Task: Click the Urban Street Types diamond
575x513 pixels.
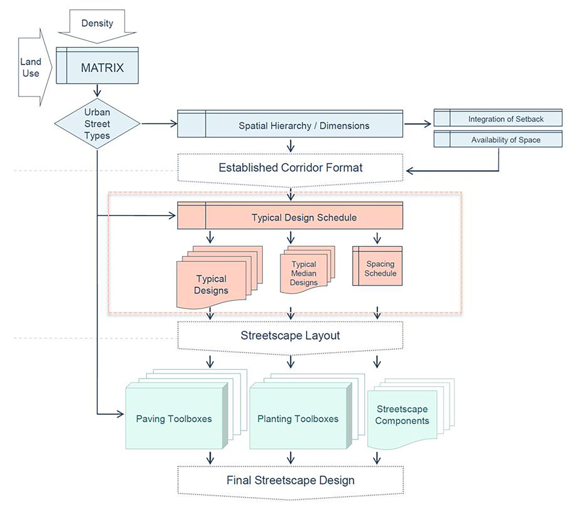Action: tap(97, 124)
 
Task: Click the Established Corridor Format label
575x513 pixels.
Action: tap(290, 168)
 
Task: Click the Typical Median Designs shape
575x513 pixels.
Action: tap(304, 273)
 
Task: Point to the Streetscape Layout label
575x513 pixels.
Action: tap(290, 335)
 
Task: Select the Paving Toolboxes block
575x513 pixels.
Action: tap(174, 418)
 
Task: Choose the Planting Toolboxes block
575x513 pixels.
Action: tap(298, 418)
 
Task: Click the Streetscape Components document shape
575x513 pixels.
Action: tap(402, 415)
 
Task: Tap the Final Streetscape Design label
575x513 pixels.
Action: tap(290, 480)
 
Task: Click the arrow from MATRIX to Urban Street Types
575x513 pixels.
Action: tap(97, 91)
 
